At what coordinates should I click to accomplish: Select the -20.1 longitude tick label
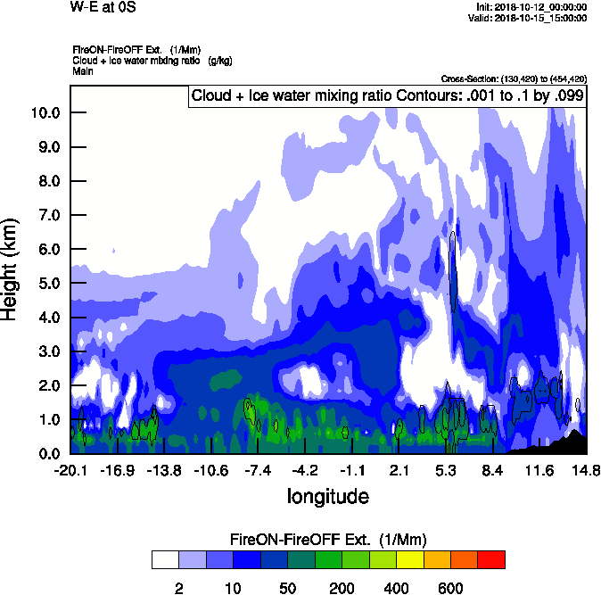click(70, 470)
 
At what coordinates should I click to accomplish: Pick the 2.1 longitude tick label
click(399, 470)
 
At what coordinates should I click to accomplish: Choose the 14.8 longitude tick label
click(585, 470)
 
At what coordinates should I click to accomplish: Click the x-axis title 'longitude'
click(327, 495)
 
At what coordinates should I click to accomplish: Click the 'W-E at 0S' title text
click(103, 7)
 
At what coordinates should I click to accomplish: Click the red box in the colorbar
click(491, 560)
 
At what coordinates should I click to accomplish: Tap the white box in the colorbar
click(164, 560)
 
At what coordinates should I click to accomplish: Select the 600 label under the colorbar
click(450, 588)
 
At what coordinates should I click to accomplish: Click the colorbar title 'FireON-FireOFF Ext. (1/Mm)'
click(328, 540)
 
